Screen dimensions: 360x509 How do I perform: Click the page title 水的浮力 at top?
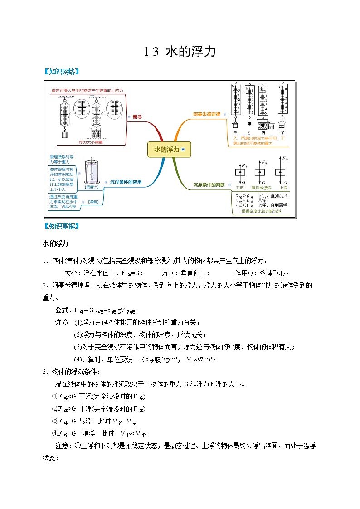click(x=180, y=52)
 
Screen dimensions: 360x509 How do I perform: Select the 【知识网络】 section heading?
click(x=61, y=72)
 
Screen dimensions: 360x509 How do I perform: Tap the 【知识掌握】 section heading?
click(x=61, y=226)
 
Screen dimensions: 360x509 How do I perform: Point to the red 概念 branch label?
click(x=137, y=117)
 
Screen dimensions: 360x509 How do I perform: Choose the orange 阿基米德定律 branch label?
click(x=206, y=114)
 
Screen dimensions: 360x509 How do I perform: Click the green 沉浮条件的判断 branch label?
click(x=209, y=184)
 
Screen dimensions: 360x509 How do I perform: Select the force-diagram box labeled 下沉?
click(x=239, y=172)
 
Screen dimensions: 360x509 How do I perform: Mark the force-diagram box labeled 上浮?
click(x=282, y=172)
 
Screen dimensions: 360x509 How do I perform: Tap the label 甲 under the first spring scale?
click(x=235, y=132)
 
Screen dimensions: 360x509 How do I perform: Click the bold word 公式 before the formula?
click(x=62, y=310)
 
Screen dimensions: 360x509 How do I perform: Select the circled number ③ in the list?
click(x=55, y=421)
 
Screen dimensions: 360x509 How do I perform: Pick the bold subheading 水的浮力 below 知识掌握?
click(x=55, y=244)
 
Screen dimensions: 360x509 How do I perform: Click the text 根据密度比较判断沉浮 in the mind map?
click(x=262, y=211)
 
